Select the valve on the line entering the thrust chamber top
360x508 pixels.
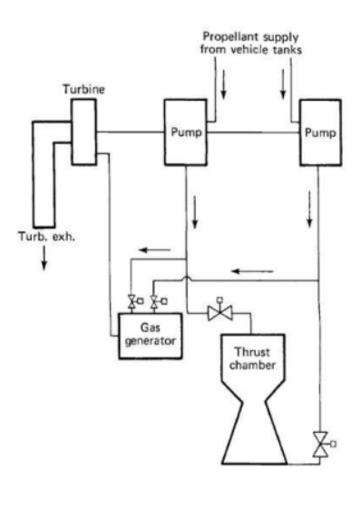pos(218,312)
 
